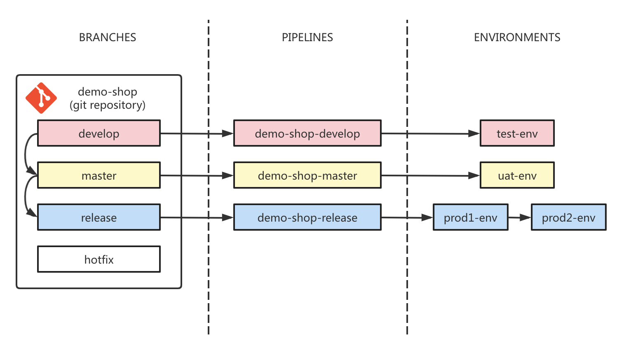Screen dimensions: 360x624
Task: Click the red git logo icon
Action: [41, 98]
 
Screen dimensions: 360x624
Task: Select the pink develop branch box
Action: [99, 133]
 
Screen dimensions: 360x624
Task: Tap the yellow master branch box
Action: [99, 175]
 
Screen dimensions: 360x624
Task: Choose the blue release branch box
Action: [99, 217]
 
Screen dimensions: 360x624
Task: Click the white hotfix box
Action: [99, 259]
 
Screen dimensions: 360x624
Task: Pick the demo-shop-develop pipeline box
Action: [307, 133]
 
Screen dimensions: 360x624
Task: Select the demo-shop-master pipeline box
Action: [307, 175]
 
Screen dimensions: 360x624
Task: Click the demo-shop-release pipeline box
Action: [307, 217]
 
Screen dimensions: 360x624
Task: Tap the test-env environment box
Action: [517, 133]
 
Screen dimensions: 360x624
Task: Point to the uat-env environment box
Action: [517, 175]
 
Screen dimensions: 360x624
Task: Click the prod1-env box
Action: [470, 217]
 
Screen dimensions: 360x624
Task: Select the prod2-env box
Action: [568, 217]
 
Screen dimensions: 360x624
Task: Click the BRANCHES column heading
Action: [107, 37]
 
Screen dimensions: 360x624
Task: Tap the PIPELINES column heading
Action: [307, 37]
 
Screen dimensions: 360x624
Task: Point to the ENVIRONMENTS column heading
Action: [517, 37]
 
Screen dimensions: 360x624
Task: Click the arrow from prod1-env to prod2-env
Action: [519, 217]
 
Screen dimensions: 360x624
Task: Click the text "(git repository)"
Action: [107, 105]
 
